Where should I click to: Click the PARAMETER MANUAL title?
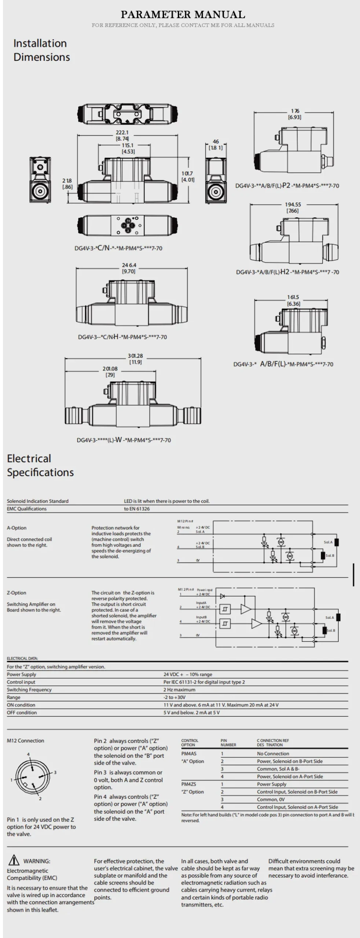tap(183, 15)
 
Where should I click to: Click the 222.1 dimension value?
tap(122, 133)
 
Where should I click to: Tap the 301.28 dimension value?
tap(135, 356)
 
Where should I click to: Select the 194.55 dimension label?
tap(293, 204)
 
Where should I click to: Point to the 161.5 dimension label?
tap(293, 297)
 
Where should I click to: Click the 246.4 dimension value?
tap(129, 265)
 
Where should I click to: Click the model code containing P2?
tap(287, 186)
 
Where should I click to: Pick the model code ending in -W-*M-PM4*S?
tap(124, 440)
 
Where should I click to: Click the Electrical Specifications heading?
tap(40, 465)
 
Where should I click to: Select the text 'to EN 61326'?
tap(137, 509)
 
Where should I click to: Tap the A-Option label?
tap(16, 528)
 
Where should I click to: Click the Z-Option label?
tap(16, 593)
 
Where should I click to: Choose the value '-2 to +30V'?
tap(175, 697)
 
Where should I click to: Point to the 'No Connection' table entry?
tap(273, 754)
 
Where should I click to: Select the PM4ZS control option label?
tap(189, 784)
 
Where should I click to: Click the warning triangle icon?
tap(14, 860)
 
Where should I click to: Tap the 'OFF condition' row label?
tap(22, 713)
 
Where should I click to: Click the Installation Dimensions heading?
tap(41, 50)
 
